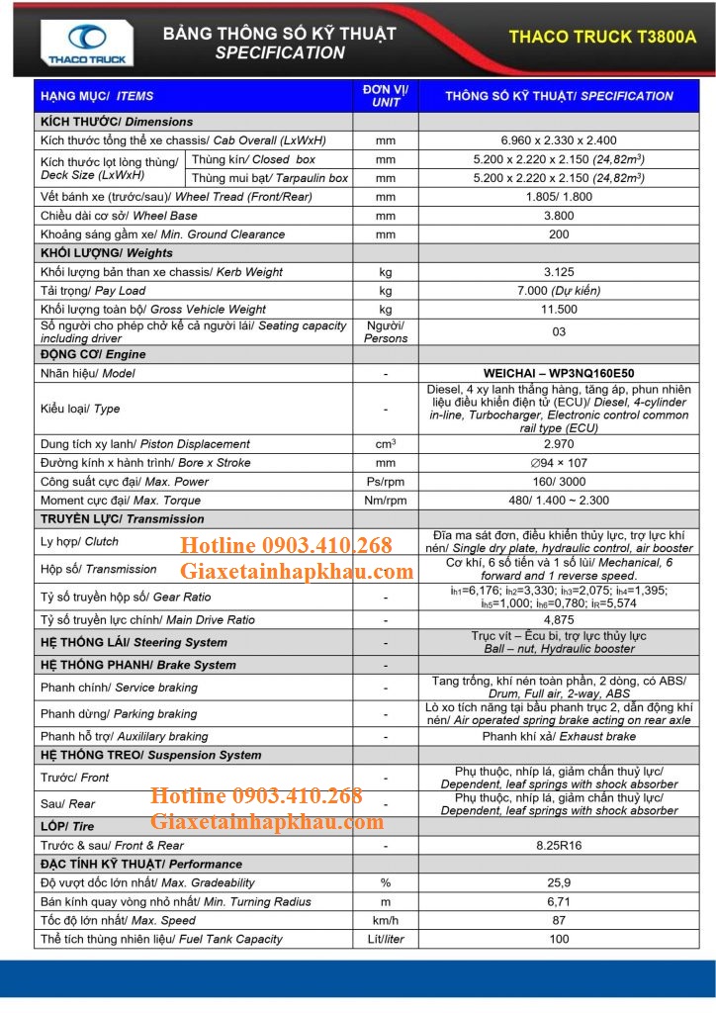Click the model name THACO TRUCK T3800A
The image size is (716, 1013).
602,37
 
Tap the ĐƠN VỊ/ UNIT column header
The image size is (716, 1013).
386,96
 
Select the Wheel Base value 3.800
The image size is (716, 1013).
559,216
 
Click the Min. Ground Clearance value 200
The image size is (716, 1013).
559,234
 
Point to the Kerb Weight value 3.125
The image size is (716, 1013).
559,272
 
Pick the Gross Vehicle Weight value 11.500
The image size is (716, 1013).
559,310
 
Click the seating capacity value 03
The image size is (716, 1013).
559,331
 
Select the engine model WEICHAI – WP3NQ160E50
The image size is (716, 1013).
559,374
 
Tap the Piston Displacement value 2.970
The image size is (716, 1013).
559,444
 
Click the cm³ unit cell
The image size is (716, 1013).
386,444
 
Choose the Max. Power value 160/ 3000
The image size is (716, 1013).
559,482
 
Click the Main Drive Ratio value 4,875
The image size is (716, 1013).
559,620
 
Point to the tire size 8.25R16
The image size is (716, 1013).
559,846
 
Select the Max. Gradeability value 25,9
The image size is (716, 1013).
559,882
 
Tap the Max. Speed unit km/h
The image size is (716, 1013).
386,920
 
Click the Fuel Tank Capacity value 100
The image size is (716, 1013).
559,939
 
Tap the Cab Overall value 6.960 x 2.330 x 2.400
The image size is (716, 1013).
559,140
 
